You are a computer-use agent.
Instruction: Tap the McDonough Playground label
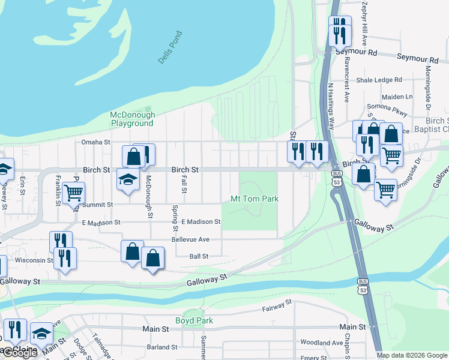tap(132, 119)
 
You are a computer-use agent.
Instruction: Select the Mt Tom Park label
tap(255, 199)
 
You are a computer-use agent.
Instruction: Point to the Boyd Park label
tap(194, 320)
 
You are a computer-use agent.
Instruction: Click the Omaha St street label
tap(96, 142)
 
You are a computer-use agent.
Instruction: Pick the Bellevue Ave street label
tap(190, 239)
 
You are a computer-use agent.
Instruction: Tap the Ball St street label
tap(199, 256)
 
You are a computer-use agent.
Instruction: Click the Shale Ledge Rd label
tap(379, 80)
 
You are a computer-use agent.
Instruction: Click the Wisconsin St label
tap(34, 260)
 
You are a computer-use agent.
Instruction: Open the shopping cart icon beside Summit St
tap(73, 193)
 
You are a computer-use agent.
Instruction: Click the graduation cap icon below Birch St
tap(128, 179)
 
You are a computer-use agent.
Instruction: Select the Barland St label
tap(161, 347)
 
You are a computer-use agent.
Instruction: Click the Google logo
tap(19, 353)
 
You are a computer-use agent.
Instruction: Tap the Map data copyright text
tap(411, 355)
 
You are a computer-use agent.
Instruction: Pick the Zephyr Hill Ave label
tap(364, 24)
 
